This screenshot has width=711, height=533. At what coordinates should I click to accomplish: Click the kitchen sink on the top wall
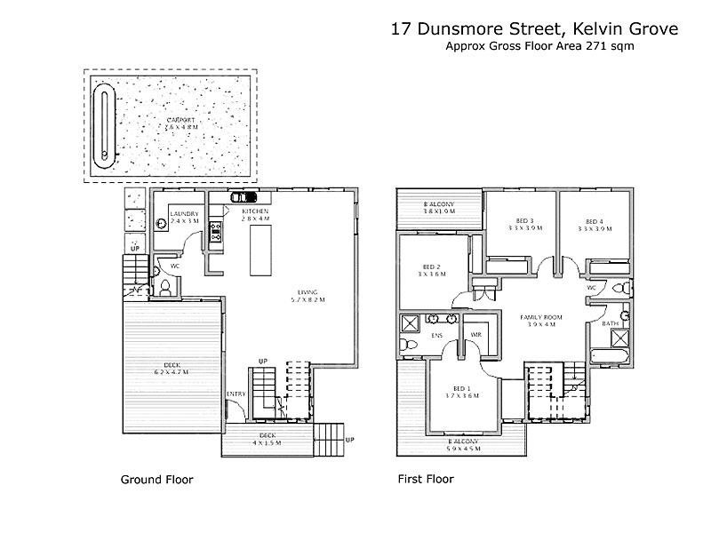pyautogui.click(x=243, y=197)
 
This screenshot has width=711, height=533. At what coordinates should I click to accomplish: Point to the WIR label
pyautogui.click(x=475, y=334)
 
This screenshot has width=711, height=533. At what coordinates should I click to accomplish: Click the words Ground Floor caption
pyautogui.click(x=156, y=480)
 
